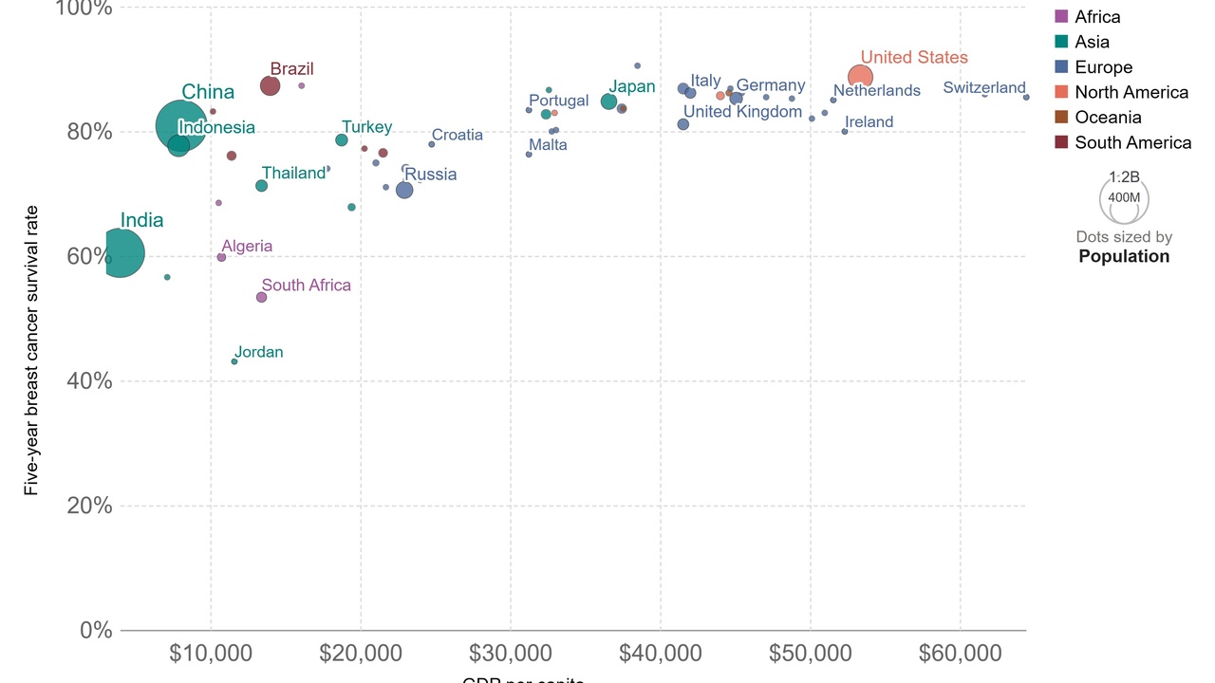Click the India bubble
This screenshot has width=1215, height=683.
[x=119, y=253]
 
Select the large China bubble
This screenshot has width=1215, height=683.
[x=181, y=125]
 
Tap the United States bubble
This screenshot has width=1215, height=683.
[x=860, y=77]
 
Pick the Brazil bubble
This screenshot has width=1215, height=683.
[x=270, y=86]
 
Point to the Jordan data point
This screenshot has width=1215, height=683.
[x=234, y=361]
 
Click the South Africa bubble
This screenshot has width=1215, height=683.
[x=261, y=297]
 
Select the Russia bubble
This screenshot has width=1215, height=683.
[x=404, y=190]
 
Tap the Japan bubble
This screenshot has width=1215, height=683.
[x=608, y=102]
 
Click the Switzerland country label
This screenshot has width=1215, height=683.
[x=984, y=88]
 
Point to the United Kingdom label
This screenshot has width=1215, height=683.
[x=742, y=112]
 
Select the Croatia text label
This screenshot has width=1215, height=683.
[x=457, y=135]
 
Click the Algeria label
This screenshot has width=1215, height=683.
[x=247, y=246]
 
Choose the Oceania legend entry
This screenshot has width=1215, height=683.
[x=1108, y=118]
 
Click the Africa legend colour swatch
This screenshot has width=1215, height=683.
[x=1062, y=16]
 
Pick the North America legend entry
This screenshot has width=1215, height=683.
[x=1131, y=92]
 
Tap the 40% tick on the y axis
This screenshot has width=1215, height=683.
[x=89, y=381]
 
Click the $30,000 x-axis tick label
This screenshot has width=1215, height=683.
[x=510, y=654]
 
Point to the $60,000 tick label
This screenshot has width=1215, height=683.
[x=960, y=654]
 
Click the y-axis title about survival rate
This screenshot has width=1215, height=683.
[x=31, y=350]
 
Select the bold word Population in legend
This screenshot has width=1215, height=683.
[x=1124, y=256]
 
